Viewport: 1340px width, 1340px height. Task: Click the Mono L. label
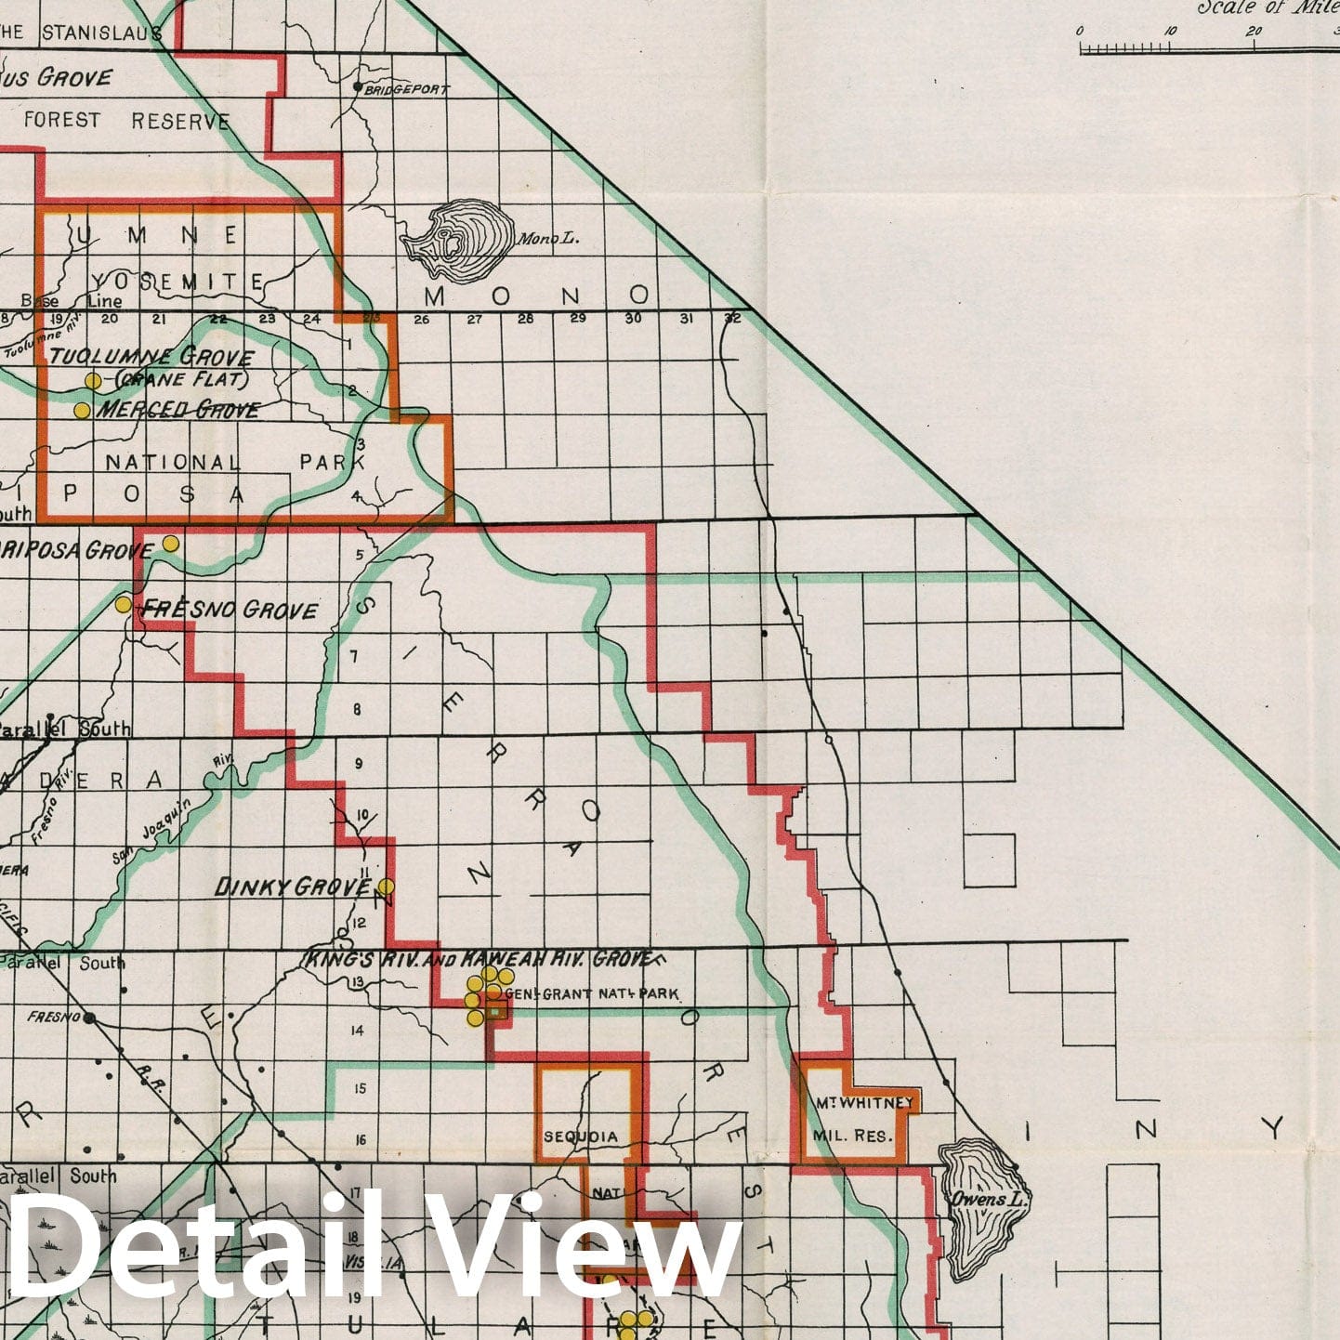tap(547, 239)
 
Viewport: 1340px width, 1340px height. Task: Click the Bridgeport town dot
tap(357, 88)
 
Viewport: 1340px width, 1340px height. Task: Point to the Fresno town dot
tap(89, 1018)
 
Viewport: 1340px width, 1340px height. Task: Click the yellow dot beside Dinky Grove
tap(385, 887)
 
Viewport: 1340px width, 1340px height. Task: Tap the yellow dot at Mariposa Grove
tap(170, 543)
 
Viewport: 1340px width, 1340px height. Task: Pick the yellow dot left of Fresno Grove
tap(123, 605)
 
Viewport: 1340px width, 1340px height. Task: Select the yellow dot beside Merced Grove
tap(82, 410)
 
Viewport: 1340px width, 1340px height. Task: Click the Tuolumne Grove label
tap(151, 357)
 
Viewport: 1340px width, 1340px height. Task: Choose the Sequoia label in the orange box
tap(581, 1136)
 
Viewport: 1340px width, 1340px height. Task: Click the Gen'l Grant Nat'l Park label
tap(598, 993)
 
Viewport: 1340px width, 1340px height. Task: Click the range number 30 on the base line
tap(633, 319)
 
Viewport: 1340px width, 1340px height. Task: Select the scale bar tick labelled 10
tap(1170, 32)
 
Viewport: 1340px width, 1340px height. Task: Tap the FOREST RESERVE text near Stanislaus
tap(126, 121)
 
